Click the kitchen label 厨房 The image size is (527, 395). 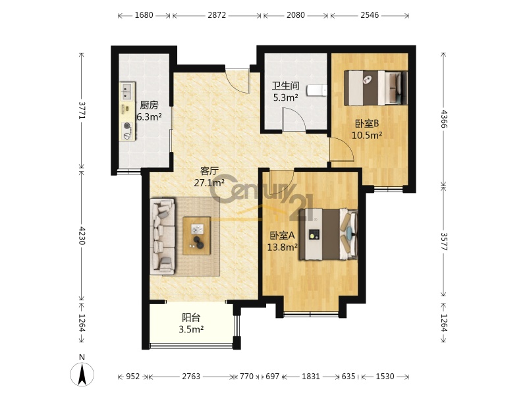149,105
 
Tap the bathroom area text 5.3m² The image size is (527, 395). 285,97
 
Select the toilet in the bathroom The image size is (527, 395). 317,90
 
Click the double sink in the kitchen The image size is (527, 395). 127,92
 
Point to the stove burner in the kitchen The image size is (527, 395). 127,126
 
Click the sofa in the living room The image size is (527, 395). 162,236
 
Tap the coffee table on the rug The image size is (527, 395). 196,236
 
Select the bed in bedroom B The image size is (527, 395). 375,88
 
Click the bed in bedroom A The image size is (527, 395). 328,234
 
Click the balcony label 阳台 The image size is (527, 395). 191,317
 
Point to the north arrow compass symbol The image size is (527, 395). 82,371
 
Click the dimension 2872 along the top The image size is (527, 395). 217,15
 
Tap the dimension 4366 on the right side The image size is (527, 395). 444,118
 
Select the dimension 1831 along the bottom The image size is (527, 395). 310,376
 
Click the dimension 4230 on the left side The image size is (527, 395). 82,236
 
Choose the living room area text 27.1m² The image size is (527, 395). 209,183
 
